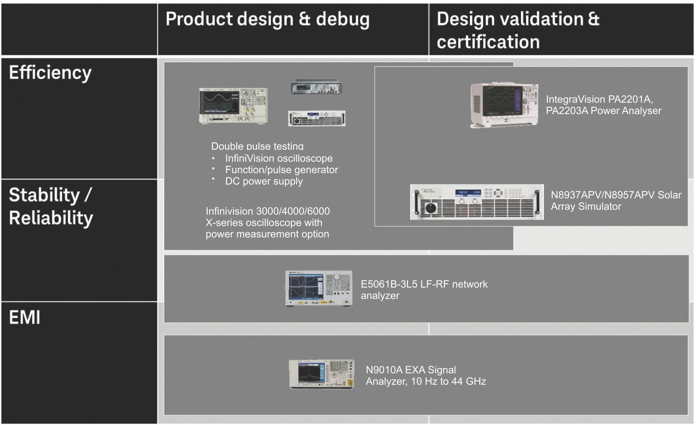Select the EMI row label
click(25, 317)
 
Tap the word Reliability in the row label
click(51, 218)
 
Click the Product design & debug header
click(267, 20)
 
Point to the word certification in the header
click(488, 42)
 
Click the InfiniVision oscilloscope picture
click(233, 106)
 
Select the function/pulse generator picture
click(316, 87)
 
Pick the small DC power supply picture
click(317, 118)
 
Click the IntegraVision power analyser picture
click(504, 105)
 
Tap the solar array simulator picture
click(477, 202)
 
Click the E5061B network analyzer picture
click(319, 288)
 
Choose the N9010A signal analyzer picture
click(322, 374)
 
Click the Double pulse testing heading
click(257, 146)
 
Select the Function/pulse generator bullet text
click(281, 170)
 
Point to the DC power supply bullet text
click(264, 181)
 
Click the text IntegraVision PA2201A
click(599, 99)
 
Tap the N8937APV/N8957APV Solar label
click(616, 195)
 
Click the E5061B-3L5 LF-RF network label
click(424, 284)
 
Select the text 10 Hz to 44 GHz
click(448, 382)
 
